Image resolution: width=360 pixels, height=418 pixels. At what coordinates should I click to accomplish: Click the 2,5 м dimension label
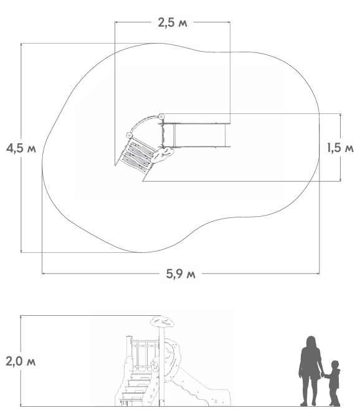tap(173, 22)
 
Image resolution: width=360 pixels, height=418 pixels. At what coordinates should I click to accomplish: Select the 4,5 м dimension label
tap(21, 148)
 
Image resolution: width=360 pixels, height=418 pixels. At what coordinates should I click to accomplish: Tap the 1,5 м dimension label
tap(340, 148)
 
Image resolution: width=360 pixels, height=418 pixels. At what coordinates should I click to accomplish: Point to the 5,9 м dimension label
tap(181, 273)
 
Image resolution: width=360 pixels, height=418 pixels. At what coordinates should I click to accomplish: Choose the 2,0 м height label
tap(21, 361)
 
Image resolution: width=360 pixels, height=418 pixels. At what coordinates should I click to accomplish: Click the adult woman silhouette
tap(310, 371)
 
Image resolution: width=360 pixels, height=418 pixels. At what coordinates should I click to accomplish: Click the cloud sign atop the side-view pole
tap(163, 321)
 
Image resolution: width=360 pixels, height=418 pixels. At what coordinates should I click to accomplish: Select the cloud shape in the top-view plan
tap(163, 155)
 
